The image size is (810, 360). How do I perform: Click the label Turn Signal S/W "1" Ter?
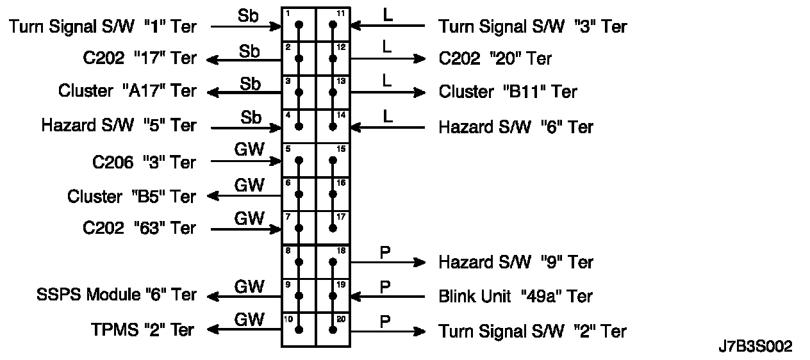pyautogui.click(x=103, y=26)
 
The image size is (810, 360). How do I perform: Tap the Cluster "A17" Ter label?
pyautogui.click(x=127, y=92)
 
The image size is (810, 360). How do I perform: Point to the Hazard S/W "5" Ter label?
pyautogui.click(x=119, y=126)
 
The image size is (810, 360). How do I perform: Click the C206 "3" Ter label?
pyautogui.click(x=144, y=162)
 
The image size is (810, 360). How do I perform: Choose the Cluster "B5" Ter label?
pyautogui.click(x=131, y=196)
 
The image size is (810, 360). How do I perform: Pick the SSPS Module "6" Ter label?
pyautogui.click(x=117, y=295)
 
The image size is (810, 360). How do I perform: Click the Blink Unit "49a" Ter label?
pyautogui.click(x=515, y=297)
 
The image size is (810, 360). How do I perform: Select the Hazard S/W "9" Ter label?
pyautogui.click(x=516, y=262)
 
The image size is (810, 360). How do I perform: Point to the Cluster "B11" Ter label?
pyautogui.click(x=508, y=92)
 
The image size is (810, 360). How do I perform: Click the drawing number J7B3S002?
pyautogui.click(x=756, y=347)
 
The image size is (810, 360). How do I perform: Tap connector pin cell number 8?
pyautogui.click(x=299, y=261)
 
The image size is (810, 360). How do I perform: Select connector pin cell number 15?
pyautogui.click(x=333, y=160)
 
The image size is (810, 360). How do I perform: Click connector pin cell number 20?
pyautogui.click(x=333, y=329)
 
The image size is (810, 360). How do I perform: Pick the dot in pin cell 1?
pyautogui.click(x=299, y=25)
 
